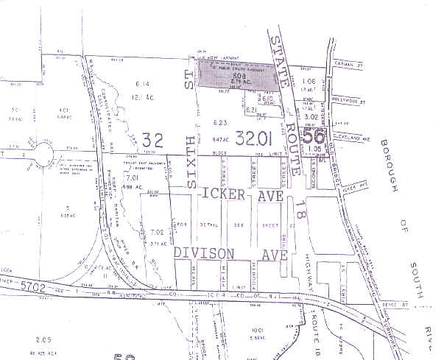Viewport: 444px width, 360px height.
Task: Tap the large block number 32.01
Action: pos(256,137)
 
